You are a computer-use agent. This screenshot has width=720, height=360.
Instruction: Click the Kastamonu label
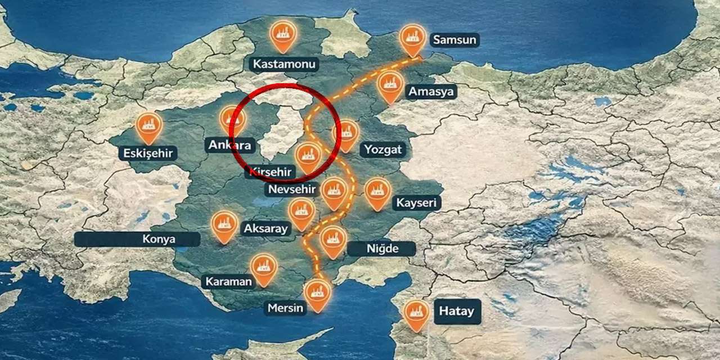pyautogui.click(x=284, y=64)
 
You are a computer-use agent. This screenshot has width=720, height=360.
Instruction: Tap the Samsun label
pyautogui.click(x=454, y=40)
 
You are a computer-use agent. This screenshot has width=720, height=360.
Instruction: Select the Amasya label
pyautogui.click(x=431, y=92)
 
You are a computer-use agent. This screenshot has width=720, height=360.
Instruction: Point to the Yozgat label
pyautogui.click(x=382, y=150)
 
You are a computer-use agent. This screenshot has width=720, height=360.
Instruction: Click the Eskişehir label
pyautogui.click(x=148, y=153)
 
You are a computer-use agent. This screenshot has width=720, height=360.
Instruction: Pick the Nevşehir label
pyautogui.click(x=292, y=189)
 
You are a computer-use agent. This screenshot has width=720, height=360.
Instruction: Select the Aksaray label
pyautogui.click(x=265, y=229)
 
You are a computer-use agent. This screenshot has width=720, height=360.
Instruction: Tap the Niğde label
pyautogui.click(x=381, y=249)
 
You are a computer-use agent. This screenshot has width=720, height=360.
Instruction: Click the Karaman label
pyautogui.click(x=228, y=281)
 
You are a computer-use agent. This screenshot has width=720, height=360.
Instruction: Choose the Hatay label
pyautogui.click(x=456, y=311)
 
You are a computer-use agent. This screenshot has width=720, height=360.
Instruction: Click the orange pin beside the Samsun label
pyautogui.click(x=413, y=38)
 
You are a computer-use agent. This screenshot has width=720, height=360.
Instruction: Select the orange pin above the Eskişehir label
pyautogui.click(x=149, y=125)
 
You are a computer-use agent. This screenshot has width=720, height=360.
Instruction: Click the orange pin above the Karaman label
pyautogui.click(x=263, y=268)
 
